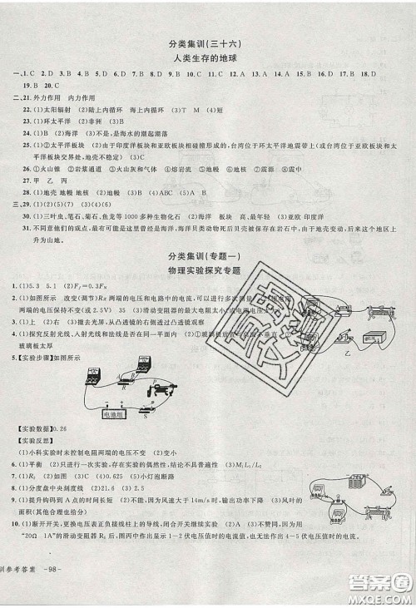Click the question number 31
pyautogui.click(x=28, y=225)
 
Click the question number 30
pyautogui.click(x=28, y=212)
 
